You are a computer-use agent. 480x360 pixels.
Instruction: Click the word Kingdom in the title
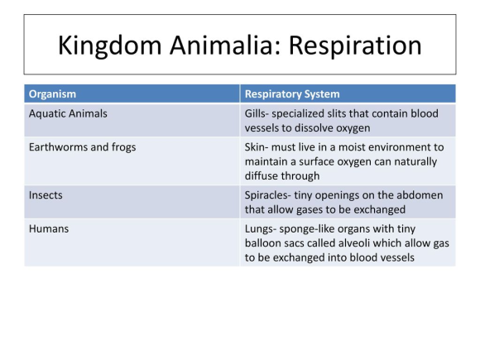[x=109, y=46]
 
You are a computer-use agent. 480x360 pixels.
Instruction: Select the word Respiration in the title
[x=355, y=46]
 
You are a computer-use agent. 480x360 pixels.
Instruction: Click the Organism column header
[x=52, y=94]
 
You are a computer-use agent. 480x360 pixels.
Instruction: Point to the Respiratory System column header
[x=292, y=94]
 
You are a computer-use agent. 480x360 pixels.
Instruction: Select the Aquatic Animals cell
[x=68, y=113]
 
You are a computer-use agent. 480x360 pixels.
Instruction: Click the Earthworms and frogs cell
[x=83, y=147]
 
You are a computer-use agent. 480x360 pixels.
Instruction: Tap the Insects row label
[x=46, y=195]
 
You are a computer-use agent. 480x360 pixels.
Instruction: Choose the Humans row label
[x=49, y=229]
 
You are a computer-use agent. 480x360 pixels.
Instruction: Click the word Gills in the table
[x=255, y=113]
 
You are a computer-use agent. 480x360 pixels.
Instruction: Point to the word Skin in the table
[x=255, y=147]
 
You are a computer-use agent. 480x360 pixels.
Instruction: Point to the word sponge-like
[x=302, y=229]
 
